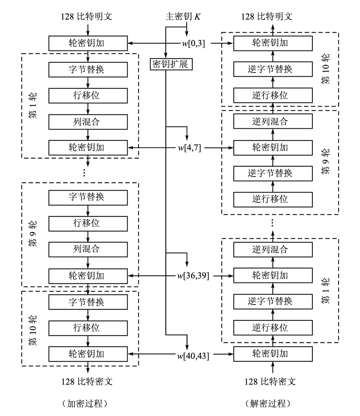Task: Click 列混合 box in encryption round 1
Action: (87, 121)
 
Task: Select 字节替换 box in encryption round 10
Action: (87, 302)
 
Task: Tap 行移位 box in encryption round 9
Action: (87, 223)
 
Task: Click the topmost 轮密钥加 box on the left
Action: (87, 43)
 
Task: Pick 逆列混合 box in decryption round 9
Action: (273, 121)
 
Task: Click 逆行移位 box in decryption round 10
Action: (273, 95)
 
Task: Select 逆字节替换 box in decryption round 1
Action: (273, 301)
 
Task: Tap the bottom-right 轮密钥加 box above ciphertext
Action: (273, 354)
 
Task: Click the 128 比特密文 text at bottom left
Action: (87, 381)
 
